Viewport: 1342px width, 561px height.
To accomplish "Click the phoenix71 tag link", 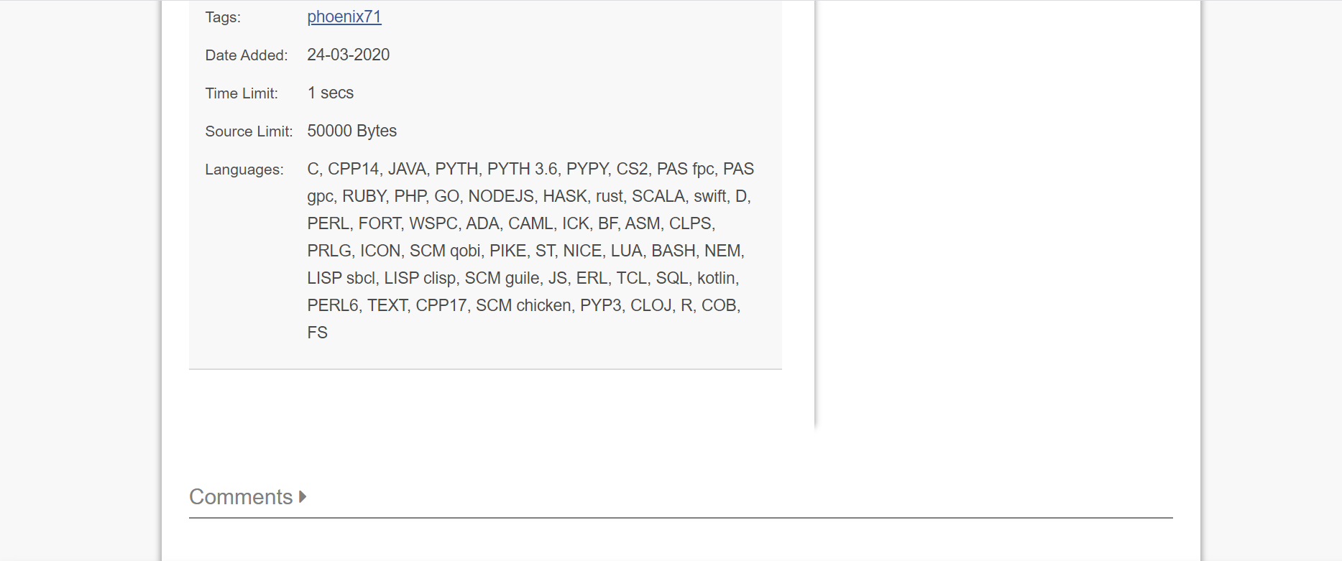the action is (x=344, y=17).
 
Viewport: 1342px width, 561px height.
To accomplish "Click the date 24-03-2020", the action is (x=348, y=55).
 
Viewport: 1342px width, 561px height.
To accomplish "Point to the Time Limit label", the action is (x=242, y=93).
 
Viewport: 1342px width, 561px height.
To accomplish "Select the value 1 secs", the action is (x=330, y=93).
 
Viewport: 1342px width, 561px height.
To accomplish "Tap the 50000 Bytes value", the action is (x=351, y=131).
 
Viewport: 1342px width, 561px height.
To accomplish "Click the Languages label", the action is (x=244, y=170).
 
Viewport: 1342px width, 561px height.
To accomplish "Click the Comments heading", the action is (x=241, y=497).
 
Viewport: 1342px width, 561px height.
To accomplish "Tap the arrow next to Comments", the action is (x=303, y=496).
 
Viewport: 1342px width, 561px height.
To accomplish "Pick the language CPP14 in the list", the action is (x=353, y=169).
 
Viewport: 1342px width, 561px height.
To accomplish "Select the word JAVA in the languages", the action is (x=407, y=169).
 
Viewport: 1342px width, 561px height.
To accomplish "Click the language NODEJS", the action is (x=501, y=196).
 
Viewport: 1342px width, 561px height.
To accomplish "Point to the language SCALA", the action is (x=658, y=196).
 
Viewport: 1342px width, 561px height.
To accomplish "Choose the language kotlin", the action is (x=716, y=278).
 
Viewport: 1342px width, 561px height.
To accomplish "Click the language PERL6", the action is (x=332, y=305).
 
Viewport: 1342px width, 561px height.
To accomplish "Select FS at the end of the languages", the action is (x=317, y=333).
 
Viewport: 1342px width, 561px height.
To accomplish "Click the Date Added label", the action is (x=247, y=55).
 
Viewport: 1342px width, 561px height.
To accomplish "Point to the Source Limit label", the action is (x=249, y=131).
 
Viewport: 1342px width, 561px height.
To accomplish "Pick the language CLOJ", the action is (x=651, y=305).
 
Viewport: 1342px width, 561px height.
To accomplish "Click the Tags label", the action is (x=223, y=17).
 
